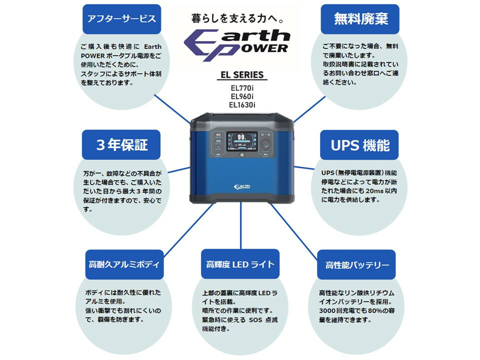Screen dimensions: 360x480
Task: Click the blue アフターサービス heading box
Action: coord(121,19)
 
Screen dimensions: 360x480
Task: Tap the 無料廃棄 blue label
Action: coord(360,19)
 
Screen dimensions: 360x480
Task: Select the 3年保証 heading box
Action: coord(121,145)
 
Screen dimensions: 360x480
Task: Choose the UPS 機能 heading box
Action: coord(360,145)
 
